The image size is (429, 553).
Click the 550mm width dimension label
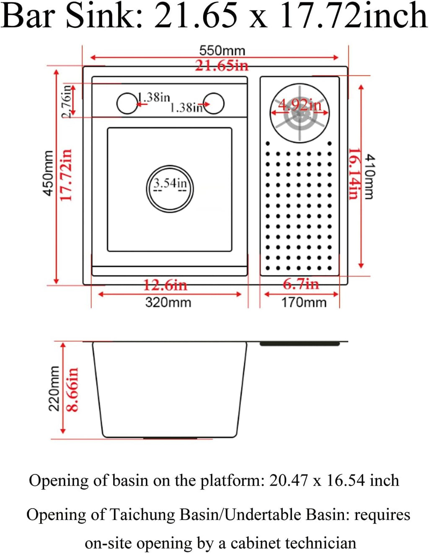(222, 51)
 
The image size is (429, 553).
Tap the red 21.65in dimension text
(222, 66)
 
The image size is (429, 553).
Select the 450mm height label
(49, 173)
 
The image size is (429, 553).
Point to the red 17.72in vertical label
(66, 175)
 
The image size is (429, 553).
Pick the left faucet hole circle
(127, 103)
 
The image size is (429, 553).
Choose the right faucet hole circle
(214, 103)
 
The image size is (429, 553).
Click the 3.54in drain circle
(170, 189)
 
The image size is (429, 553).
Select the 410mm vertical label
(369, 176)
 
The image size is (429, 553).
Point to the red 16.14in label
(354, 173)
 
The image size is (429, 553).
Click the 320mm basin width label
(168, 302)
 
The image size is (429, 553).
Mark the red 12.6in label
(165, 285)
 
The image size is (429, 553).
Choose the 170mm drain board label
(303, 302)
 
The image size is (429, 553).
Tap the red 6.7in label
(301, 284)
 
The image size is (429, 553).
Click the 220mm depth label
(54, 388)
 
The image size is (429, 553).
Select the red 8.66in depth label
(72, 390)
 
